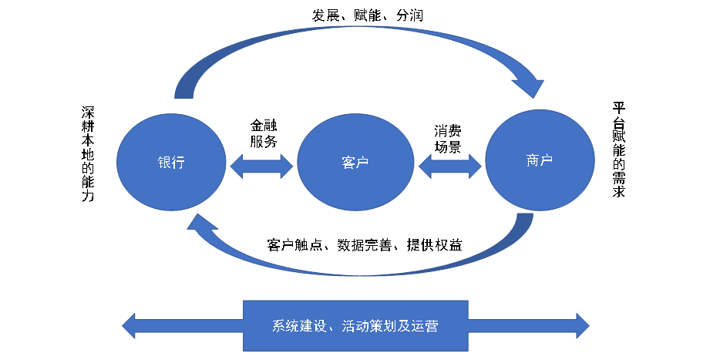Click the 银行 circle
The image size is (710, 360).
click(171, 163)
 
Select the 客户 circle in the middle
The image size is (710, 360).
click(355, 163)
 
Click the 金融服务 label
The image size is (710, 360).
click(263, 133)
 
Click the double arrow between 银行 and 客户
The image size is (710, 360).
click(262, 164)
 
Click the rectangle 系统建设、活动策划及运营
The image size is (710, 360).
click(355, 325)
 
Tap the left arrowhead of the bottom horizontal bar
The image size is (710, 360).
click(133, 325)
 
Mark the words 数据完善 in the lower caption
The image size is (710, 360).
click(363, 245)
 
